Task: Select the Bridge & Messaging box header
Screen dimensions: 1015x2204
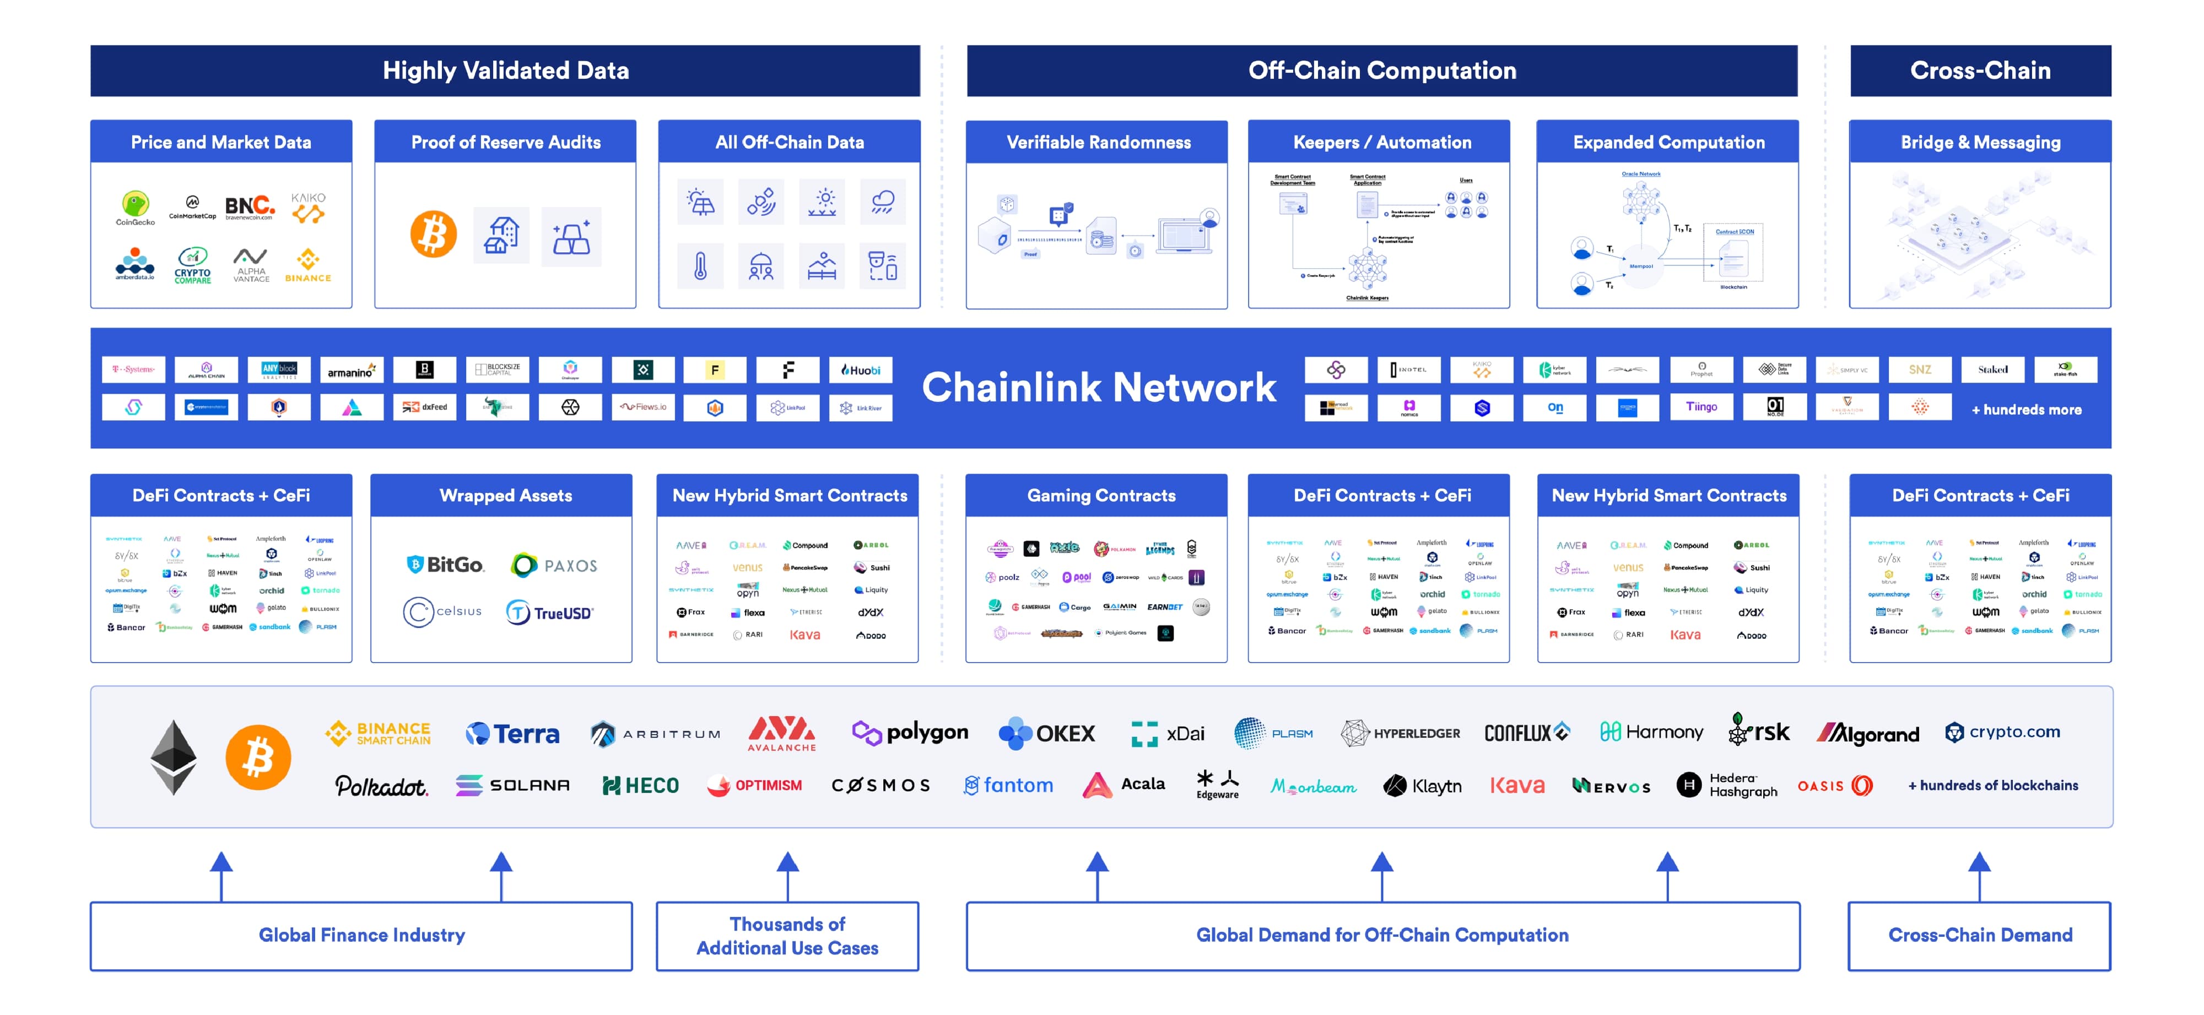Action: click(x=1980, y=142)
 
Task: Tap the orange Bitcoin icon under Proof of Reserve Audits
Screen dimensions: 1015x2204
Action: click(x=433, y=234)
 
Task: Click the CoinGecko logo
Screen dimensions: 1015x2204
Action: click(x=135, y=207)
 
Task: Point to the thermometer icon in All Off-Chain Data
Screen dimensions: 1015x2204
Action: click(x=700, y=267)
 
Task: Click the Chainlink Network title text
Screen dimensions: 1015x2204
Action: click(x=1099, y=387)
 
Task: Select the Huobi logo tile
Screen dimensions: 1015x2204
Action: click(x=860, y=370)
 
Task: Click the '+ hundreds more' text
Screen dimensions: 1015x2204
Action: click(x=2026, y=410)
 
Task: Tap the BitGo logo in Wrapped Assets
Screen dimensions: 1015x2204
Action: click(x=445, y=565)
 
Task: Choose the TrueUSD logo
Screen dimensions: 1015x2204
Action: click(x=549, y=612)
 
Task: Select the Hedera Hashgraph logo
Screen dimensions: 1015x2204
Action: click(x=1727, y=785)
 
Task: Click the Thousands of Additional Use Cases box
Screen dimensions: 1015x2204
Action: click(x=787, y=936)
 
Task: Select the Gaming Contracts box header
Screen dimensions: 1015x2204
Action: click(x=1100, y=495)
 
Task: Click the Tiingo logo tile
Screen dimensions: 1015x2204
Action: click(x=1701, y=407)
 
